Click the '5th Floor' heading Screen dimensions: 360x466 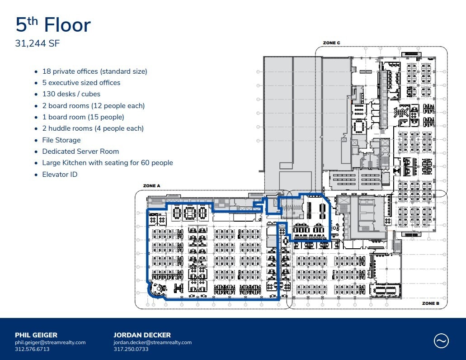click(x=53, y=25)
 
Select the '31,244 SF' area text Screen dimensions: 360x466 click(x=38, y=44)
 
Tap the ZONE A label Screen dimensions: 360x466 click(x=152, y=186)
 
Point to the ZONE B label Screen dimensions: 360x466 click(x=431, y=303)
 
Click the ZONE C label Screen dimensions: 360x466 click(x=331, y=43)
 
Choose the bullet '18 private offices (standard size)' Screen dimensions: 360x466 click(x=94, y=71)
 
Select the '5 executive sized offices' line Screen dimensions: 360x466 click(x=81, y=83)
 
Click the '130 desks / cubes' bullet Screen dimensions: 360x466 click(x=71, y=94)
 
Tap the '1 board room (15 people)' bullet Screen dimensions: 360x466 click(x=83, y=117)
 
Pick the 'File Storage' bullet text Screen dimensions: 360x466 click(x=61, y=140)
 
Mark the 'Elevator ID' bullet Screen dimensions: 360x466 click(x=60, y=175)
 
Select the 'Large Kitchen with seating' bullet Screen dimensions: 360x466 click(x=108, y=163)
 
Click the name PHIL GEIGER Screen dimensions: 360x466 click(x=36, y=335)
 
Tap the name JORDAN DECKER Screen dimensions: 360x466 click(x=142, y=335)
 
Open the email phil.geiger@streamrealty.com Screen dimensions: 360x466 click(x=50, y=342)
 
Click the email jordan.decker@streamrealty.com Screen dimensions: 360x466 click(x=152, y=342)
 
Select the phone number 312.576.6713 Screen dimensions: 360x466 click(x=32, y=349)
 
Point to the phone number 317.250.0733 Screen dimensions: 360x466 click(x=131, y=349)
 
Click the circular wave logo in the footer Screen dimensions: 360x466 click(x=441, y=341)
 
